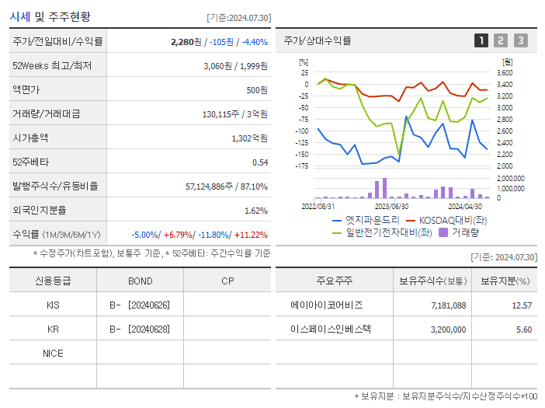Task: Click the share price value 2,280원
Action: click(x=187, y=42)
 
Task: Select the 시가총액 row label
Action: click(x=30, y=138)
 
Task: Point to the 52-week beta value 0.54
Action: click(x=259, y=162)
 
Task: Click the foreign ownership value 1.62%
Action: click(x=255, y=210)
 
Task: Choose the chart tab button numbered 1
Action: click(x=481, y=40)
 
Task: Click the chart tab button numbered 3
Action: click(x=520, y=40)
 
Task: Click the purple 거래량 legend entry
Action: click(x=463, y=232)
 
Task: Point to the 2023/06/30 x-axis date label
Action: click(x=391, y=206)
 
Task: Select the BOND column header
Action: click(x=140, y=281)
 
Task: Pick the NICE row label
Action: click(x=53, y=354)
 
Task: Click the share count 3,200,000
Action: click(x=448, y=330)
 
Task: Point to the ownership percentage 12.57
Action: click(x=522, y=305)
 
